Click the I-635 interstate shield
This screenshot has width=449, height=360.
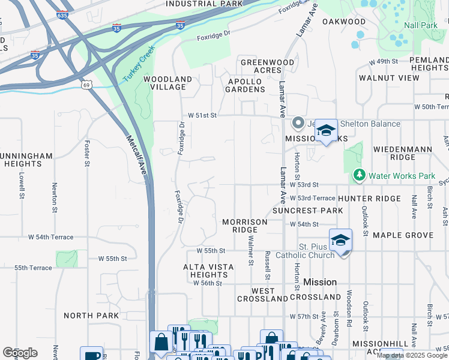[x=61, y=15]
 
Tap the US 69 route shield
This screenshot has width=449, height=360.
[x=87, y=86]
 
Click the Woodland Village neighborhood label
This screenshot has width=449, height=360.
[x=167, y=83]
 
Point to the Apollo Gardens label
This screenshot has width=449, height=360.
[x=246, y=85]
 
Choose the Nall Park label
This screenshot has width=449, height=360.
[x=421, y=26]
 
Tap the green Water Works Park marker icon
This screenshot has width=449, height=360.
[x=359, y=176]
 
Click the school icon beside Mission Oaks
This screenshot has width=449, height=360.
[x=325, y=130]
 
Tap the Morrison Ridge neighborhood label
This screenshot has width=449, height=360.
[x=244, y=226]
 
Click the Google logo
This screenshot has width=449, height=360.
[x=20, y=353]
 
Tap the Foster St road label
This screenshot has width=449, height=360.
[x=88, y=153]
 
